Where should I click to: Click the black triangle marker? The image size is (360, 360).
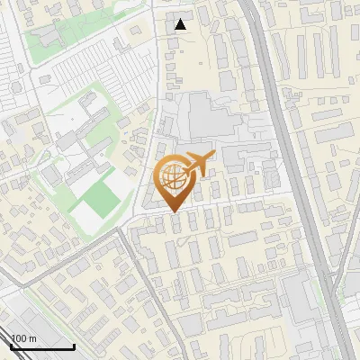(x=181, y=24)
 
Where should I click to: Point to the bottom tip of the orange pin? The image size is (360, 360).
(x=174, y=211)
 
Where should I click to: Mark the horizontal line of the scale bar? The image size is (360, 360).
(x=41, y=346)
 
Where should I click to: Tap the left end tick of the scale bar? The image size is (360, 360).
(x=10, y=344)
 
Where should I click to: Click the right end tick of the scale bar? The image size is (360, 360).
(x=74, y=344)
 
